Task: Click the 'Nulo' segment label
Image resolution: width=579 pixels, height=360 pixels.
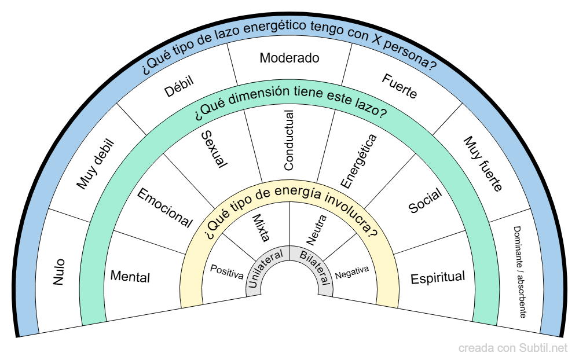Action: point(59,271)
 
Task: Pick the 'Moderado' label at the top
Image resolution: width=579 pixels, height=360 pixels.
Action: point(289,58)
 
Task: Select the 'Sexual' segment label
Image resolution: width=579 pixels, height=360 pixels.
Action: point(213,149)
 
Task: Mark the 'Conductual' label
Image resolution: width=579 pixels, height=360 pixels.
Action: point(289,140)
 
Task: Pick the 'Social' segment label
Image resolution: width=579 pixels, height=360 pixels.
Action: point(425,200)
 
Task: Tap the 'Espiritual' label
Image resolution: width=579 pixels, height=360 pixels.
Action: point(438,278)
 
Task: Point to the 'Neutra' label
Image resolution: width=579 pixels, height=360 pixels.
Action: point(317,229)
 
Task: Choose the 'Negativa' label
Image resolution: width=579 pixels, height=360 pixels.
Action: point(352,272)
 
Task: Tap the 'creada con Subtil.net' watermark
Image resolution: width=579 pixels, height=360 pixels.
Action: point(513,348)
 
